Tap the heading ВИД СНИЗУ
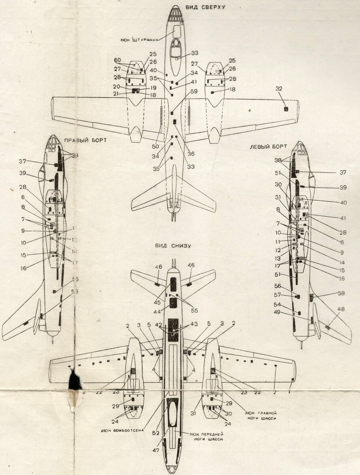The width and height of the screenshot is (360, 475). point(173,246)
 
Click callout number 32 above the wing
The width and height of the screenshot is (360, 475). point(279,89)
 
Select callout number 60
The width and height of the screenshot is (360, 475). point(117,60)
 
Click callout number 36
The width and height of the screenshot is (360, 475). point(191,154)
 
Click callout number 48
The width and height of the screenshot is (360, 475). point(339,309)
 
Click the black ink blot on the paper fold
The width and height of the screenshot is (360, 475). point(74,381)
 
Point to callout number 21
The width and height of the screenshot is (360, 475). point(116,93)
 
